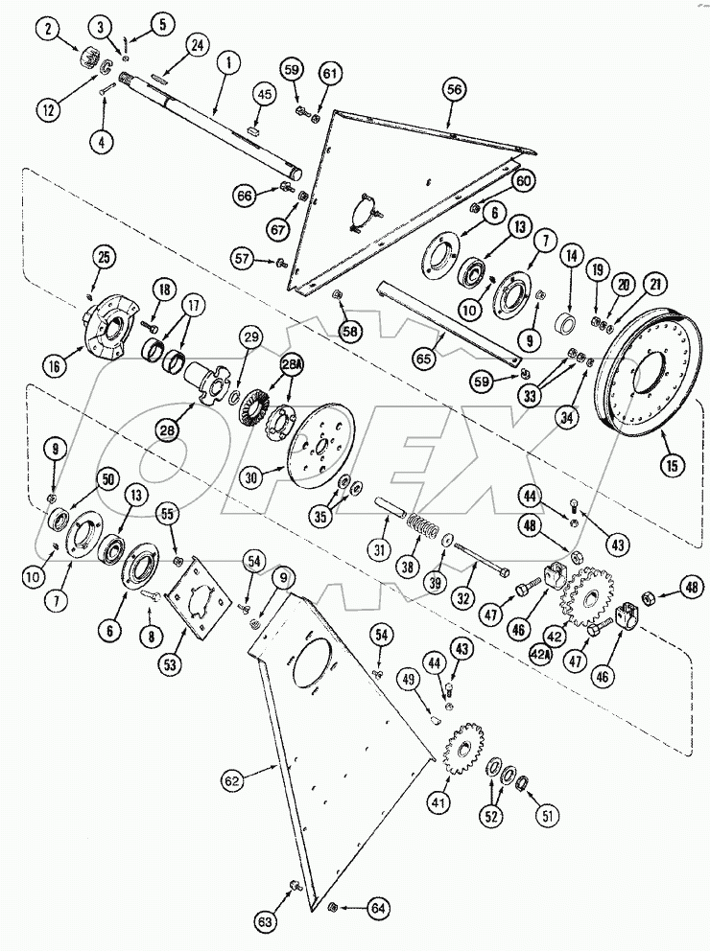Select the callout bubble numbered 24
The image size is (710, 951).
(198, 45)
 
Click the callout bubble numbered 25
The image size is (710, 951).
(103, 256)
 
